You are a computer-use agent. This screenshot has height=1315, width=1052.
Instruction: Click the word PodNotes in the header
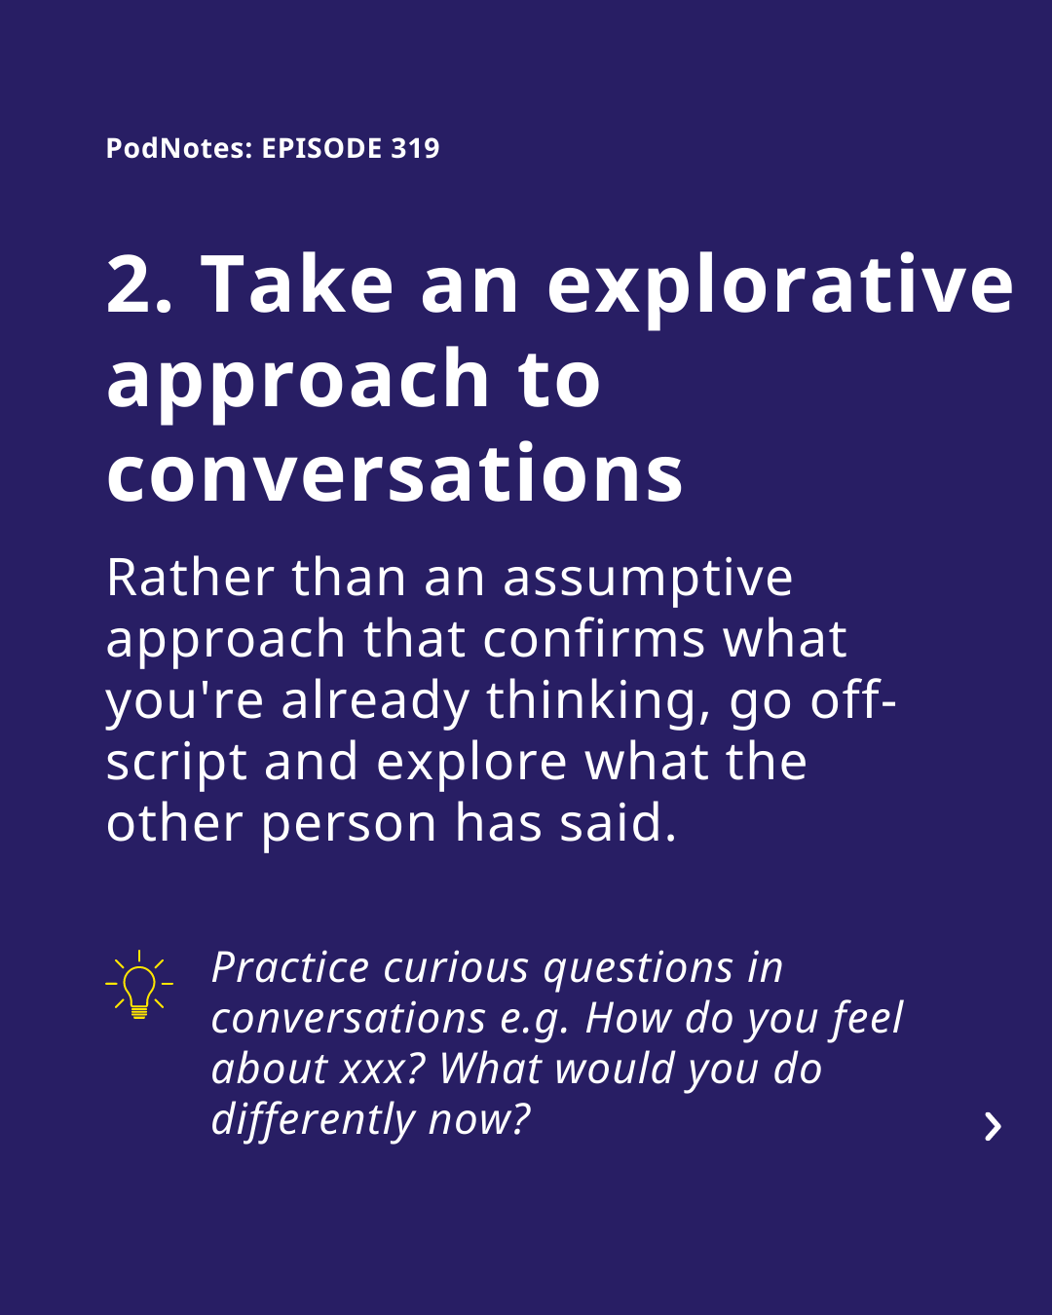(x=176, y=148)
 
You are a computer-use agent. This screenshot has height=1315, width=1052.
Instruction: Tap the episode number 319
(x=415, y=148)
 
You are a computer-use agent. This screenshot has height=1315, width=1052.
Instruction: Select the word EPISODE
(x=322, y=148)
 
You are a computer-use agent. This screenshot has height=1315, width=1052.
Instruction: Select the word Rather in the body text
(x=191, y=578)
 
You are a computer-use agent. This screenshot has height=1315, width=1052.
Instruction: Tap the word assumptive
(x=648, y=581)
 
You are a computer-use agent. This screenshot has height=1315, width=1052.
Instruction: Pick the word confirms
(x=593, y=639)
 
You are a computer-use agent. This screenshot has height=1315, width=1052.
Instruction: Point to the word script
(x=176, y=766)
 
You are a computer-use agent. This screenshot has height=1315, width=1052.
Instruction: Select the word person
(x=349, y=826)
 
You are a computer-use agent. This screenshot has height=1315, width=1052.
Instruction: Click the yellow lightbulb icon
(x=139, y=984)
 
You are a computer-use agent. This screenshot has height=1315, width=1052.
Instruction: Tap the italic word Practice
(x=290, y=968)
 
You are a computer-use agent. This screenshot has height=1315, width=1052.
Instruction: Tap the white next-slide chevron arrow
(x=993, y=1127)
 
